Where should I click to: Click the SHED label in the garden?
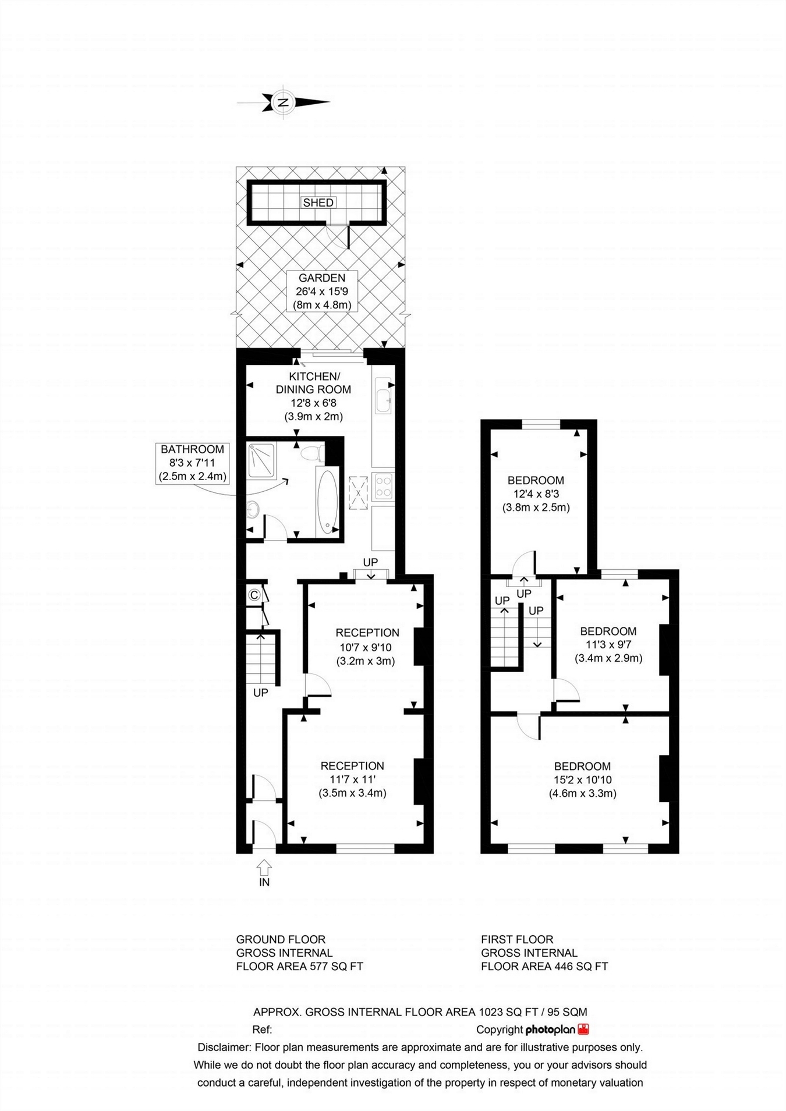(x=318, y=203)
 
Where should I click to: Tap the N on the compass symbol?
(x=284, y=102)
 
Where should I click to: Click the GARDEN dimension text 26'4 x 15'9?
(x=322, y=292)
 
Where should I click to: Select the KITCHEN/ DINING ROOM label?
(x=313, y=383)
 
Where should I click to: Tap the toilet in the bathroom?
(x=314, y=452)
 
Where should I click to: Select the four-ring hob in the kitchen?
(x=384, y=487)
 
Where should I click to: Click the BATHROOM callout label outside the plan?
(x=192, y=463)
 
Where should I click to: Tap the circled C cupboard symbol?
(x=254, y=595)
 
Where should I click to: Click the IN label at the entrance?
(x=264, y=882)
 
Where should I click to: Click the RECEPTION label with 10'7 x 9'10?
(x=367, y=633)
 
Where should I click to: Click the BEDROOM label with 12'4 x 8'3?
(x=536, y=480)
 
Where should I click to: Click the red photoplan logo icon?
(x=583, y=1029)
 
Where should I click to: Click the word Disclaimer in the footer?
(x=223, y=1048)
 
